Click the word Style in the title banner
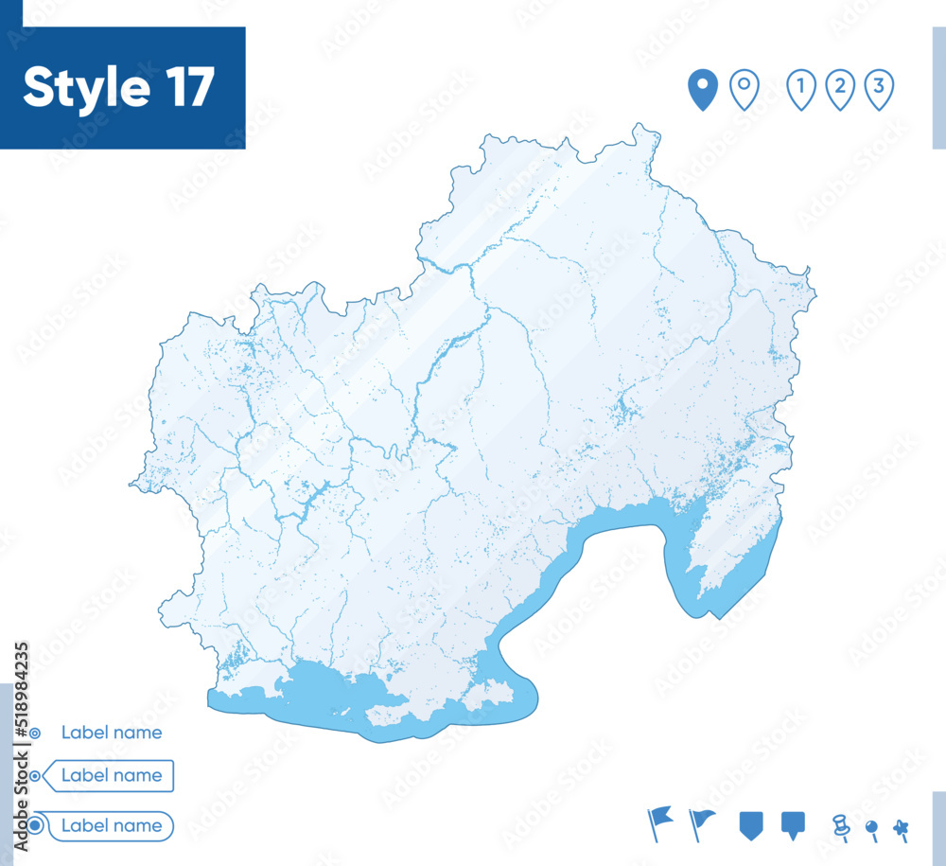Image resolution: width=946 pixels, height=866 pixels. click(x=86, y=88)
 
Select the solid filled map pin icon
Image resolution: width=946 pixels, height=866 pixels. click(x=702, y=90)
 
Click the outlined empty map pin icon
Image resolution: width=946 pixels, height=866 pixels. click(x=745, y=90)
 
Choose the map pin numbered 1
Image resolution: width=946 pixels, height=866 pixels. click(x=801, y=90)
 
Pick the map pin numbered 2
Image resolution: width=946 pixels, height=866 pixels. click(x=840, y=90)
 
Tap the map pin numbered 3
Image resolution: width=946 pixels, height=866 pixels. click(x=879, y=90)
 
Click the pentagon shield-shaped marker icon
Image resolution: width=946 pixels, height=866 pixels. click(x=750, y=824)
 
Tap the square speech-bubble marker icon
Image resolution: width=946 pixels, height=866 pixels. click(x=793, y=824)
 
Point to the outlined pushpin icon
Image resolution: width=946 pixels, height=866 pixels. click(x=840, y=826)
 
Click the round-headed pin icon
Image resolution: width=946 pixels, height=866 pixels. click(x=872, y=829)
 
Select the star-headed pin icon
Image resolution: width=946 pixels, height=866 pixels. click(x=901, y=829)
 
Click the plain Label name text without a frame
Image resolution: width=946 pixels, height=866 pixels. click(x=112, y=733)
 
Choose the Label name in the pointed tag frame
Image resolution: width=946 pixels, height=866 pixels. click(x=112, y=776)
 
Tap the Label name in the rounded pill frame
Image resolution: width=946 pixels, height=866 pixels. click(x=112, y=825)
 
